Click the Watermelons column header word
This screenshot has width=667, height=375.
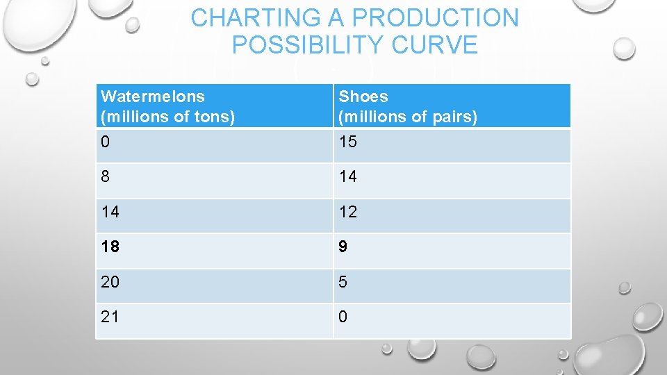pyautogui.click(x=153, y=97)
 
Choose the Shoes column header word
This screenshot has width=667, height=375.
pyautogui.click(x=363, y=97)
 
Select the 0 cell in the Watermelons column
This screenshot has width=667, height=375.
pyautogui.click(x=105, y=142)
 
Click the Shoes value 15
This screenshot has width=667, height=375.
pyautogui.click(x=347, y=142)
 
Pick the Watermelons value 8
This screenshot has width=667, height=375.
pyautogui.click(x=105, y=177)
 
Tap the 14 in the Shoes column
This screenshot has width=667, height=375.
pyautogui.click(x=347, y=177)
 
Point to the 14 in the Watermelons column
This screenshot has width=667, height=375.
pyautogui.click(x=110, y=212)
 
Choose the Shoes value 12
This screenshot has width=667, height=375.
pyautogui.click(x=347, y=212)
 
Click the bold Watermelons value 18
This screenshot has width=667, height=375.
pyautogui.click(x=110, y=247)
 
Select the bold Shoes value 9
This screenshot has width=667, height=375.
pyautogui.click(x=343, y=247)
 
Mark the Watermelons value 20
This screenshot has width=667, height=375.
pyautogui.click(x=110, y=282)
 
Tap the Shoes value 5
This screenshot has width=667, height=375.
pyautogui.click(x=343, y=282)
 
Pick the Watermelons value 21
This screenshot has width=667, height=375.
pyautogui.click(x=110, y=317)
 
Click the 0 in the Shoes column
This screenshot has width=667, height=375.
pyautogui.click(x=343, y=317)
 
